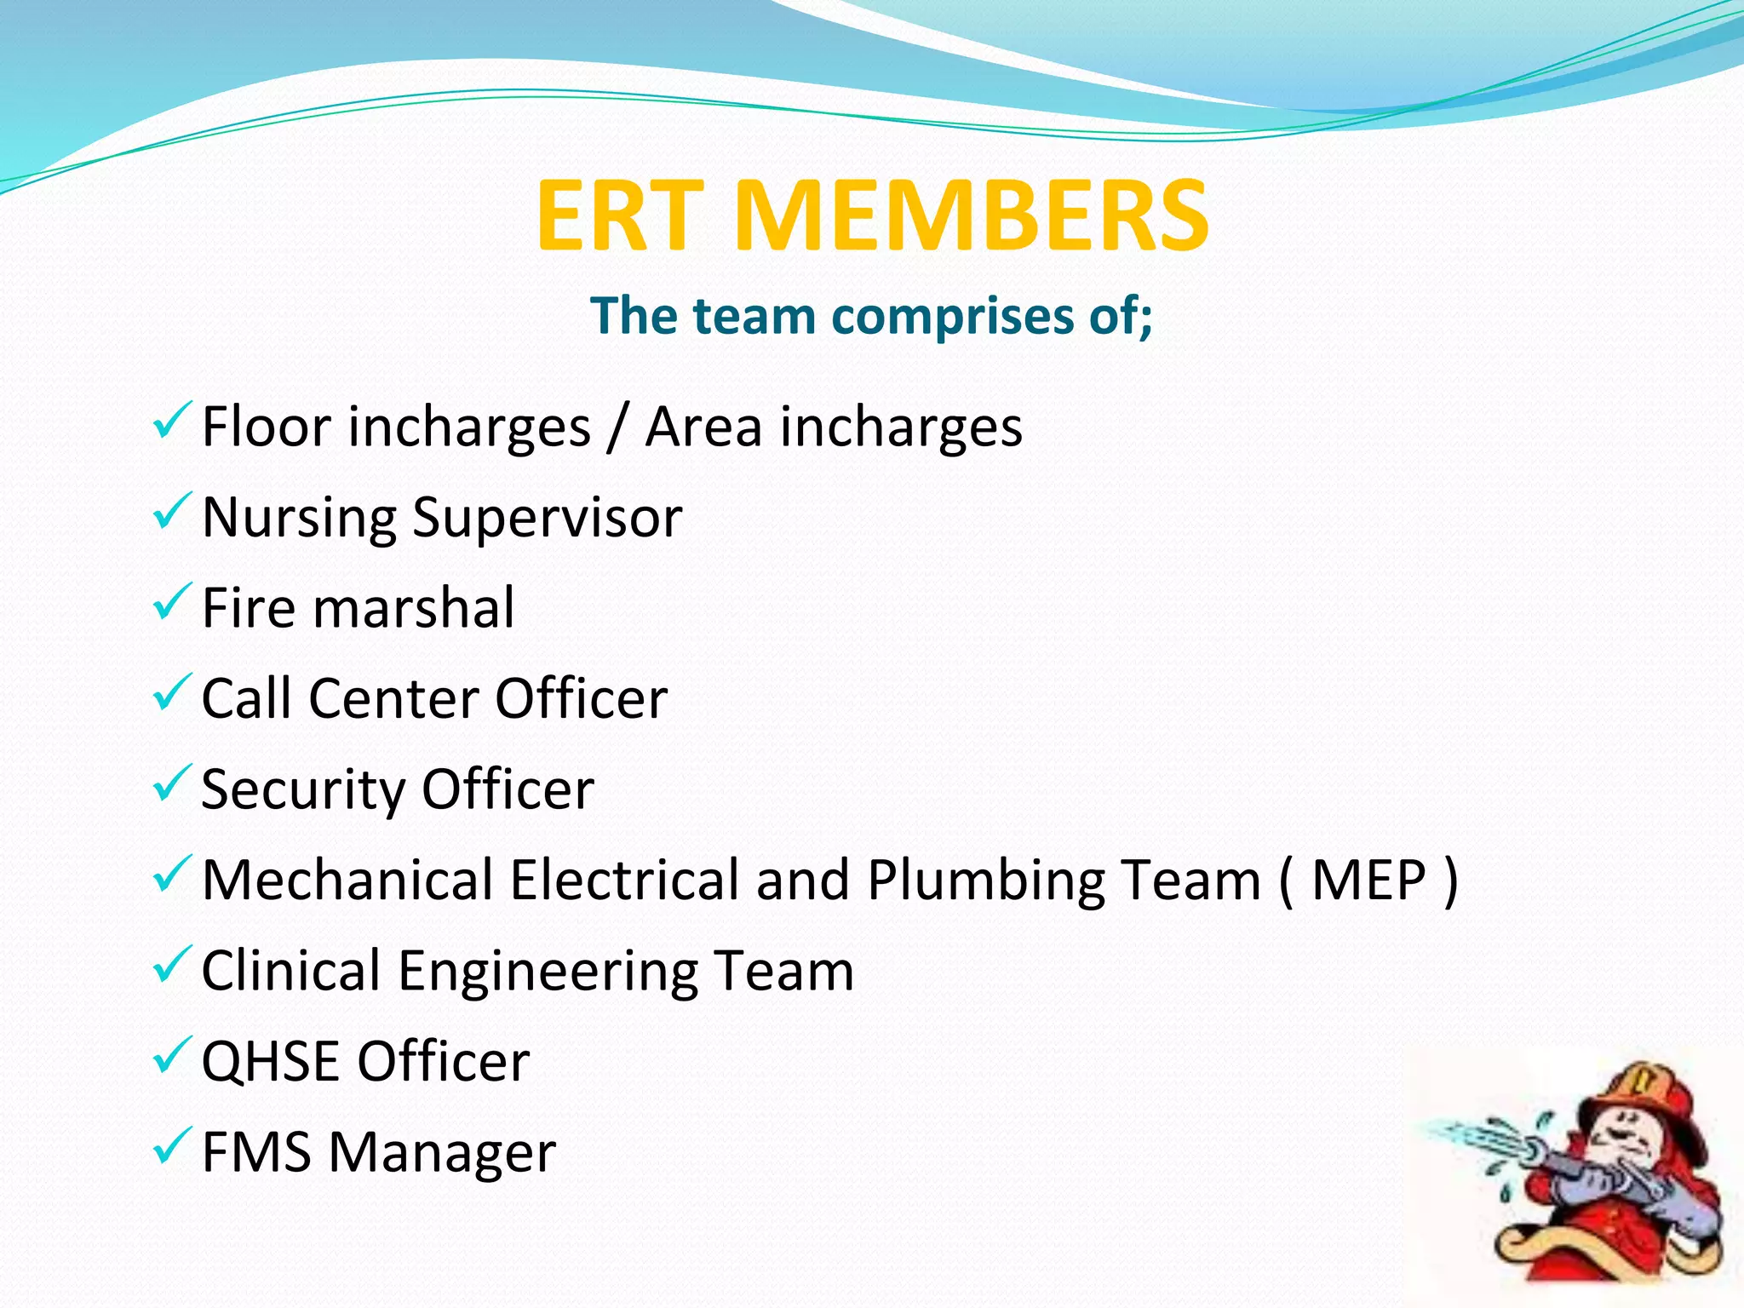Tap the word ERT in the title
coord(619,216)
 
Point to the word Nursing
coord(299,518)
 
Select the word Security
coord(303,790)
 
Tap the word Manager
coord(442,1154)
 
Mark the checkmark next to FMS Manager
coord(172,1146)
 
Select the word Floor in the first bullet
coord(265,427)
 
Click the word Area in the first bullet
coord(703,427)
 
